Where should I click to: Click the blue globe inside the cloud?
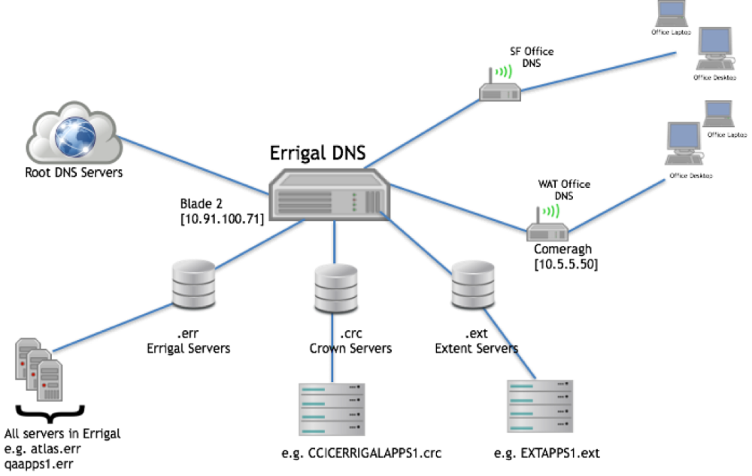tap(75, 136)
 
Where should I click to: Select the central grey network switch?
tap(329, 196)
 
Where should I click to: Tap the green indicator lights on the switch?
tap(354, 201)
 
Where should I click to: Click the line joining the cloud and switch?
tap(192, 165)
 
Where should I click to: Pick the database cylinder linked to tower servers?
tap(193, 283)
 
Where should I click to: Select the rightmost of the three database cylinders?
tap(473, 283)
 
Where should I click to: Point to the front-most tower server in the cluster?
tap(50, 380)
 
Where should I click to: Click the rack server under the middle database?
tap(332, 409)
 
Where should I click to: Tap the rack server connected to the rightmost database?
tap(539, 406)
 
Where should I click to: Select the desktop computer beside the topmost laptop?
tap(714, 47)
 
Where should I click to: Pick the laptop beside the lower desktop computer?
tap(718, 114)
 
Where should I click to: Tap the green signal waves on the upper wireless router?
tap(505, 71)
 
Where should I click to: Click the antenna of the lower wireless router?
tap(538, 214)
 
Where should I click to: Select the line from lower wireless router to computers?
tap(617, 205)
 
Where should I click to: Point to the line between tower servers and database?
tap(113, 328)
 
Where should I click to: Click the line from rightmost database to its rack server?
tap(510, 343)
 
